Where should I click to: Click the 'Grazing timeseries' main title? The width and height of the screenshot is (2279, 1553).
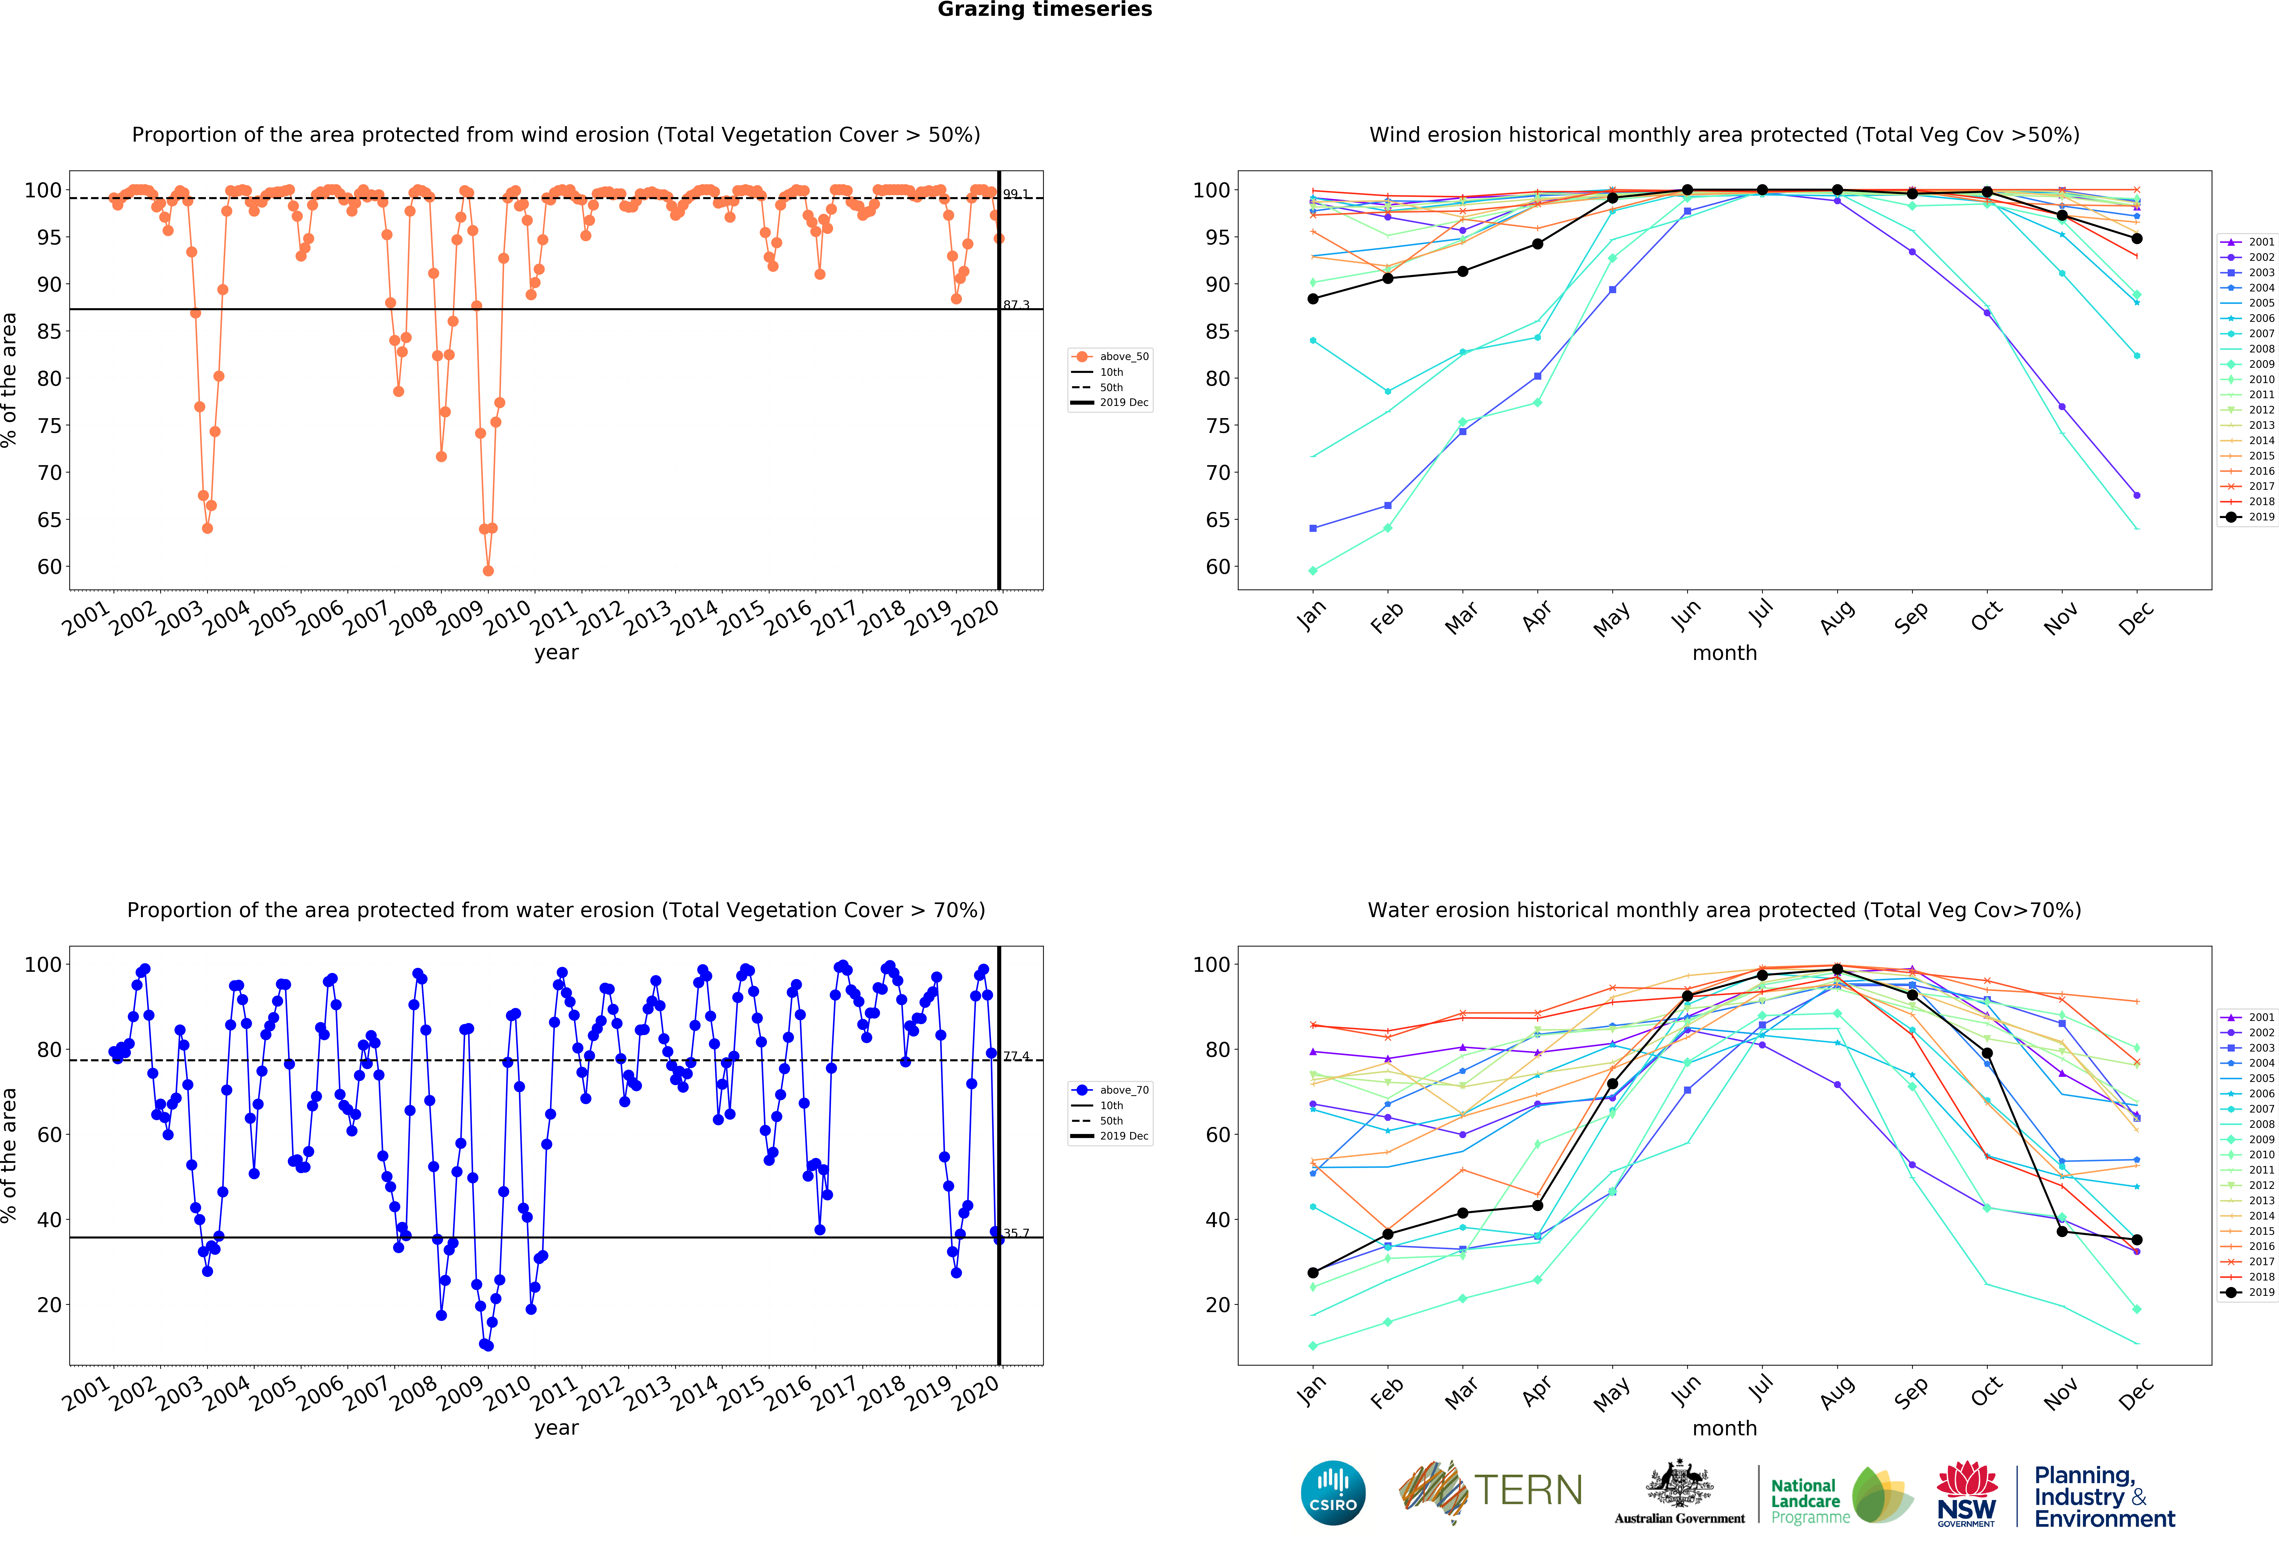[1044, 10]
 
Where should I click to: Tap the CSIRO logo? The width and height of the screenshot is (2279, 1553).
[1333, 1493]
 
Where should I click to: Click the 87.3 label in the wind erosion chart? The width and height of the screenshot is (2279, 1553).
[1016, 305]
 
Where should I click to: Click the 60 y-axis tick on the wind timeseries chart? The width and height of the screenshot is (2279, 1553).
[49, 567]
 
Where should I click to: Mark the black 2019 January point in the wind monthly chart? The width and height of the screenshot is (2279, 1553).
[1313, 299]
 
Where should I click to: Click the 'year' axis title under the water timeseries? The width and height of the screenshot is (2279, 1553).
[556, 1428]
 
